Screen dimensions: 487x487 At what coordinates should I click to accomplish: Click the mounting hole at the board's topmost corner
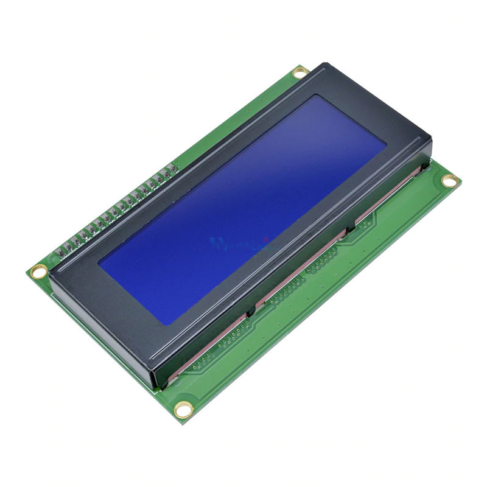click(299, 74)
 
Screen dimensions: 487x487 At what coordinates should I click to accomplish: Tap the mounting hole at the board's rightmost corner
click(449, 180)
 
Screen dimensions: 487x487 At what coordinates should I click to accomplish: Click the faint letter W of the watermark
click(218, 243)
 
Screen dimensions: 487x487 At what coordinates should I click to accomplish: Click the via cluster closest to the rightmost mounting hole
click(365, 225)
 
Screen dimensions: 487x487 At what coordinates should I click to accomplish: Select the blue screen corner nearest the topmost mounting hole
click(315, 96)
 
